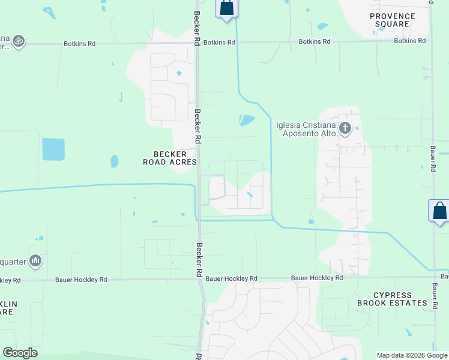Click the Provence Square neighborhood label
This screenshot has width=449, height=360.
point(393,20)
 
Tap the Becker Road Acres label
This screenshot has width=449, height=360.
point(169,158)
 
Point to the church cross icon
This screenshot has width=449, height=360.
point(345,128)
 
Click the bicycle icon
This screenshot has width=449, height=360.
point(18,41)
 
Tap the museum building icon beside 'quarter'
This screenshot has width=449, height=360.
point(35,260)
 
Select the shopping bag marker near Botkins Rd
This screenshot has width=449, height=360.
point(226,8)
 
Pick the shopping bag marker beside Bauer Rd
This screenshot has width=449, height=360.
point(439,211)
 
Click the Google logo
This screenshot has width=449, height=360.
point(20,353)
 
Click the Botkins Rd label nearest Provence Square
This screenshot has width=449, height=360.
point(409,41)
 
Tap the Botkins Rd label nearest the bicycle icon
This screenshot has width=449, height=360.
point(79,44)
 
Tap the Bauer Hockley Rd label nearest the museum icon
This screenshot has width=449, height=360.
point(81,280)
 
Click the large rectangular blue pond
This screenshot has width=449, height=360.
point(53,149)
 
